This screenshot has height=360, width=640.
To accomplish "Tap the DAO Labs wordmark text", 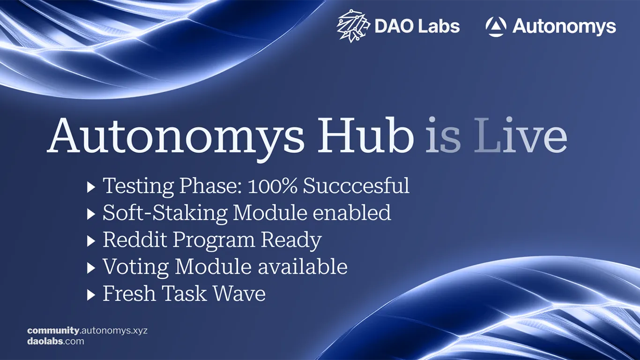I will (417, 26).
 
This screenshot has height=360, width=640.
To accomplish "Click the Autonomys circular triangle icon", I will (496, 27).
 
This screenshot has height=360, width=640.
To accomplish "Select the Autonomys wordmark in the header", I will (564, 27).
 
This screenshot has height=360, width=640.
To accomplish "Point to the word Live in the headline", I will (521, 136).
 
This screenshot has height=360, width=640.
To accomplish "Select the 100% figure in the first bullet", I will (273, 186).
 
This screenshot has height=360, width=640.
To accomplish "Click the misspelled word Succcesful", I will (356, 186).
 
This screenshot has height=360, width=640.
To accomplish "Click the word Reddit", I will (134, 240).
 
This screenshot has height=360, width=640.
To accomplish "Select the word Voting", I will (136, 267).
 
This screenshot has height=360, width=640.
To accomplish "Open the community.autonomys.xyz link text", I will (87, 330).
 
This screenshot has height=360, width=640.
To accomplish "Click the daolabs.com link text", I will (56, 341).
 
